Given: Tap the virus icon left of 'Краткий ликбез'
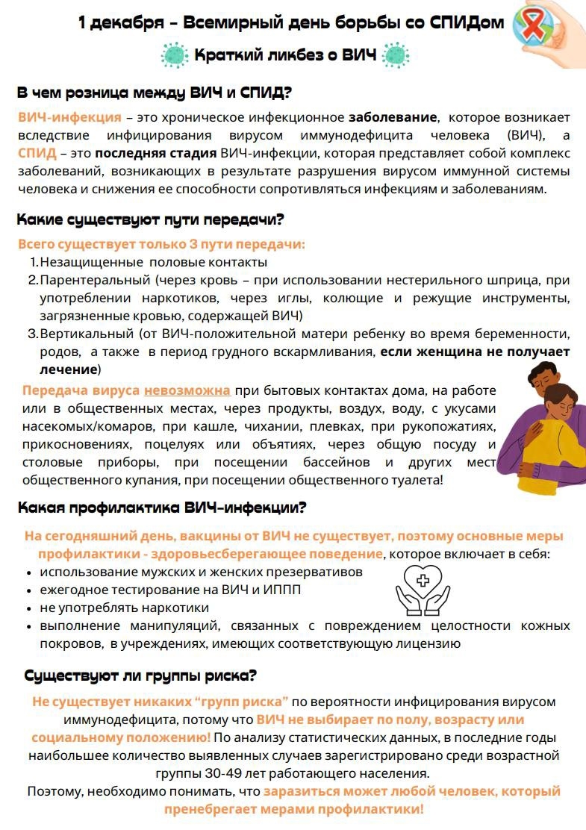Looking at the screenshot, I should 175,54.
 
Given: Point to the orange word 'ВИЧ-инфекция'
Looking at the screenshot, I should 69,117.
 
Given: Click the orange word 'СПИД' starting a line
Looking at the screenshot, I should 36,153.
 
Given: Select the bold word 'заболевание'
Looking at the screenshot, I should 392,117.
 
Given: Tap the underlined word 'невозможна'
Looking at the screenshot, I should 187,390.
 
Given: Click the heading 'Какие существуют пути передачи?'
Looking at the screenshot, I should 150,220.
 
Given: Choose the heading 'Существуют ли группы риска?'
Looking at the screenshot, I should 140,675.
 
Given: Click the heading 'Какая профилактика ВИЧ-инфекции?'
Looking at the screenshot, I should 162,508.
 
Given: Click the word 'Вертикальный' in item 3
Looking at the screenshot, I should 87,334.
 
